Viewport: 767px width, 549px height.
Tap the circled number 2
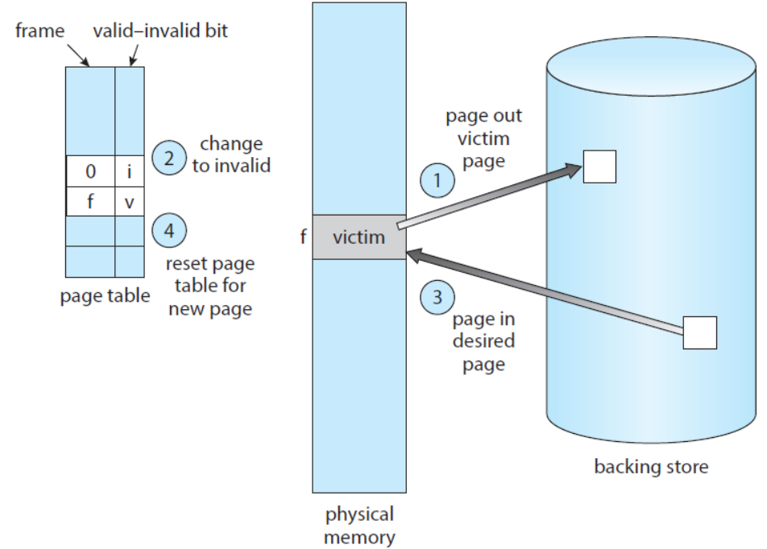point(169,158)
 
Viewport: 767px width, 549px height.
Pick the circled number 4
point(169,231)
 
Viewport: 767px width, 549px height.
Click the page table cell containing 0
point(90,172)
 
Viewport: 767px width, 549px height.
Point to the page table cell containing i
point(129,172)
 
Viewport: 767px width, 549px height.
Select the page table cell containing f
point(90,202)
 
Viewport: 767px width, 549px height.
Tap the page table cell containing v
point(129,202)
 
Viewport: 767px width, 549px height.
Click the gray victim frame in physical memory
point(359,237)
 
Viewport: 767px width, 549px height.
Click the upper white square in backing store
point(599,166)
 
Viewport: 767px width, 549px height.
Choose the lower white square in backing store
point(699,332)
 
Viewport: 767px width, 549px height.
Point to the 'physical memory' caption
point(359,525)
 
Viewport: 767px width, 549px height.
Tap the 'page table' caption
point(105,295)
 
